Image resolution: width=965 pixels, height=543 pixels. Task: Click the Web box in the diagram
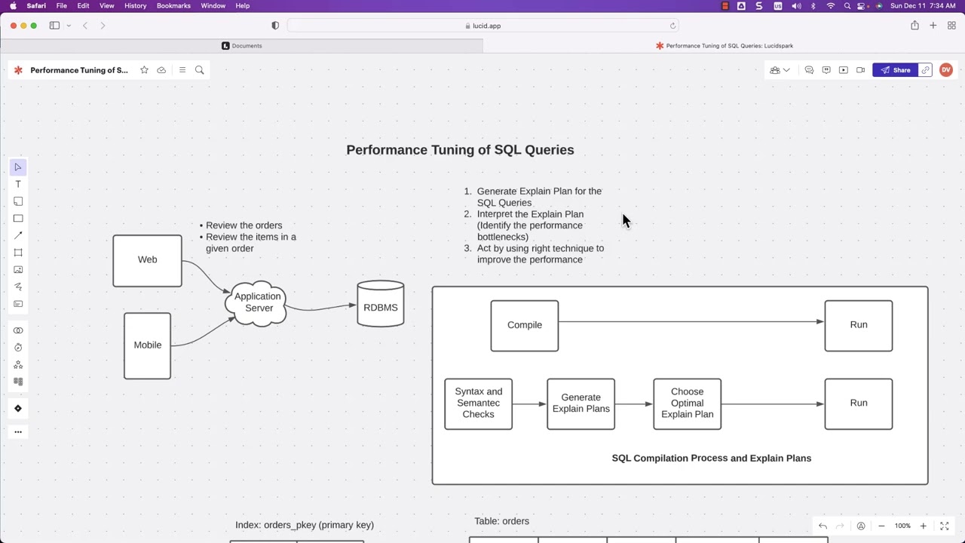[147, 261]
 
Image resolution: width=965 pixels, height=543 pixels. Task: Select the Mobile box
[147, 345]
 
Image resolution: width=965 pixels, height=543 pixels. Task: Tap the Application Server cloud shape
[257, 302]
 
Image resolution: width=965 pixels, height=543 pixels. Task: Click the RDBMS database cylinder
[380, 305]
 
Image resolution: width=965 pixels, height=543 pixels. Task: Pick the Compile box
[524, 325]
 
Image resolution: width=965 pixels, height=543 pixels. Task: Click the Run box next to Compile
[858, 325]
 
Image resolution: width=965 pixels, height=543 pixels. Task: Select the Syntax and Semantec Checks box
[478, 403]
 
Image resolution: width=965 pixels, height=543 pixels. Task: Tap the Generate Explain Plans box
[581, 403]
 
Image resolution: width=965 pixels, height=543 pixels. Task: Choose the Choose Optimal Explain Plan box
[687, 403]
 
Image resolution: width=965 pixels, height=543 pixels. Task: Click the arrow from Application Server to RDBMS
[320, 308]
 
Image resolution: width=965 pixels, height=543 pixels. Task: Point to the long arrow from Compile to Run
[690, 322]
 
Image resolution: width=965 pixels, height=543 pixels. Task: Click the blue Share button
[896, 70]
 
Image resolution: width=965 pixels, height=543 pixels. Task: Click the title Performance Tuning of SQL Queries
[460, 150]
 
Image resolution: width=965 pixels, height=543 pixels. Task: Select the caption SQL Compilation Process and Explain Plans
[711, 459]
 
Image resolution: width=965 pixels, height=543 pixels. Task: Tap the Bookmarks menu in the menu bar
[173, 6]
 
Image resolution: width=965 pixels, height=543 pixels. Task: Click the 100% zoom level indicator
[902, 526]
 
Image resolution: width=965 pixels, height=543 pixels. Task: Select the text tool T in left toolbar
[18, 185]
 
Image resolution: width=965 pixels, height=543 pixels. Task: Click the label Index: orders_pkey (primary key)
[305, 525]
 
